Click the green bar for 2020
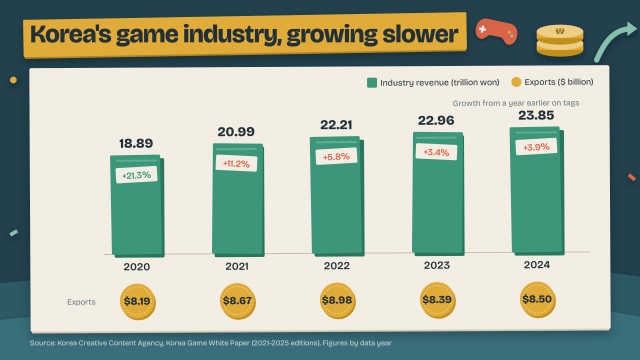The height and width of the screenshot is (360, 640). tap(137, 206)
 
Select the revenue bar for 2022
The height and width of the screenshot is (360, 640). tap(337, 196)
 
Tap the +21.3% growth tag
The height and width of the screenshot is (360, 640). tap(136, 175)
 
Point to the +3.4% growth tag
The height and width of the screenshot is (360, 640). tap(436, 152)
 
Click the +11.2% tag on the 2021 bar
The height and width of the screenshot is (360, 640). tap(236, 164)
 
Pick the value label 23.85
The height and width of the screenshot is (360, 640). tap(536, 116)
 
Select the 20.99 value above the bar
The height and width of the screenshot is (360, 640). tap(236, 132)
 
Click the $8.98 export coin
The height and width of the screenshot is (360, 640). tap(337, 301)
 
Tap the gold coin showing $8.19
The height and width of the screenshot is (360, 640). tap(138, 302)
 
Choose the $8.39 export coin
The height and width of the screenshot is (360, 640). tap(437, 300)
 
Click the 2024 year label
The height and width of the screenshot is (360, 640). tap(537, 265)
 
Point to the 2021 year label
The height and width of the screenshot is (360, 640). tap(237, 267)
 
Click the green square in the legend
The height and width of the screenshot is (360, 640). tap(372, 83)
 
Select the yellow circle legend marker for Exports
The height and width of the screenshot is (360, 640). tap(516, 82)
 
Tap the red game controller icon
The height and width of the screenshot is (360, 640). tap(496, 31)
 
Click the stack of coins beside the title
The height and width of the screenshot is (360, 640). tap(560, 40)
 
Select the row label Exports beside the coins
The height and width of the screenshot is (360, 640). tap(81, 302)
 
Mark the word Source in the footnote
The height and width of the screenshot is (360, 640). tap(42, 343)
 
